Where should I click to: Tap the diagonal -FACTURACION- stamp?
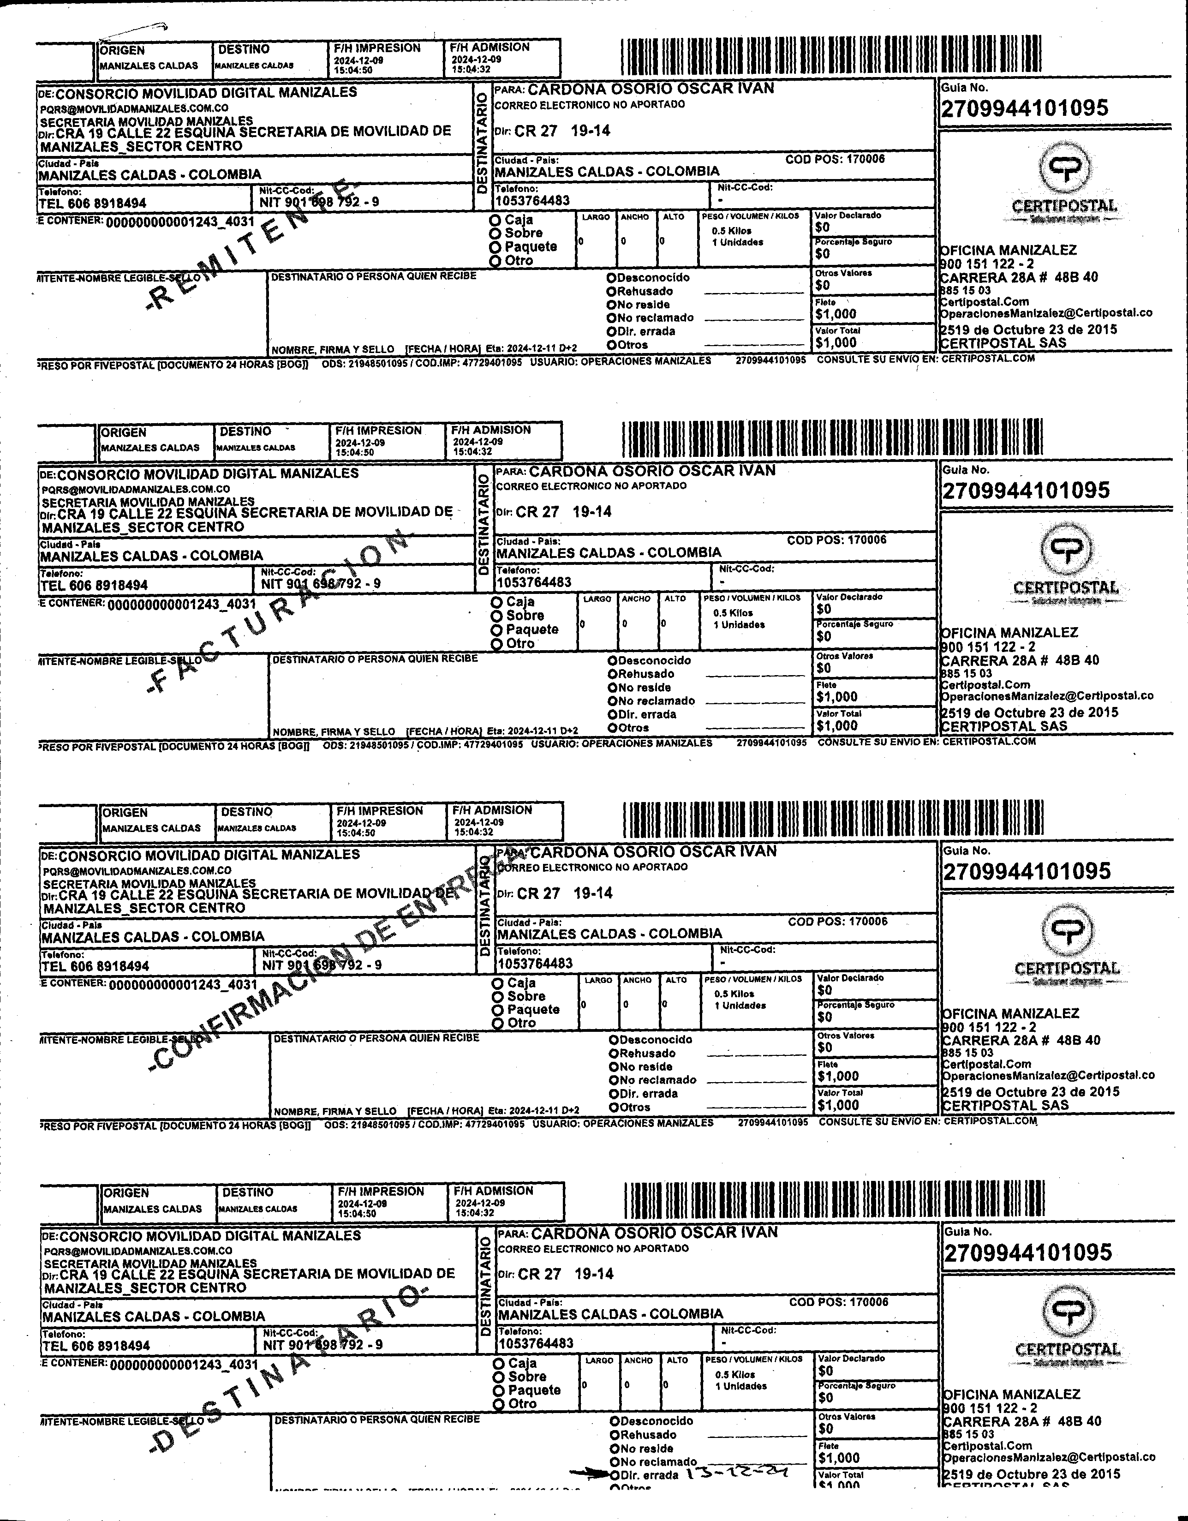pos(279,613)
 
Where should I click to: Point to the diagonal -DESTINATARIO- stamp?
pos(286,1376)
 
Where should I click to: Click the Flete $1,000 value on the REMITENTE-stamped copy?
pos(836,314)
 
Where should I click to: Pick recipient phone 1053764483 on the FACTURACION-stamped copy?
pos(533,582)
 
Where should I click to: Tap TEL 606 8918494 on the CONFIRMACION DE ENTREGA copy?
pos(96,966)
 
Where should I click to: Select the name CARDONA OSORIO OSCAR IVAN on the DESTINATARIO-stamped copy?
pos(654,1232)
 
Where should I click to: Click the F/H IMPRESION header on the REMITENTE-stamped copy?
pos(377,48)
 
